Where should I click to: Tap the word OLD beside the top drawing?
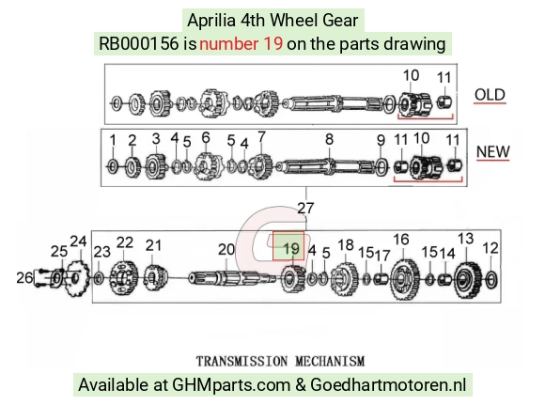coord(490,95)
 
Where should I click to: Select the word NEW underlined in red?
coord(493,151)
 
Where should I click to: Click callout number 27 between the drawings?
coord(305,208)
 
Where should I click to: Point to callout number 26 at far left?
coord(24,278)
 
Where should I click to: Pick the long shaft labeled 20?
coord(232,278)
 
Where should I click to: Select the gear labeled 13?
coord(468,280)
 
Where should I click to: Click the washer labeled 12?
coord(490,280)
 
